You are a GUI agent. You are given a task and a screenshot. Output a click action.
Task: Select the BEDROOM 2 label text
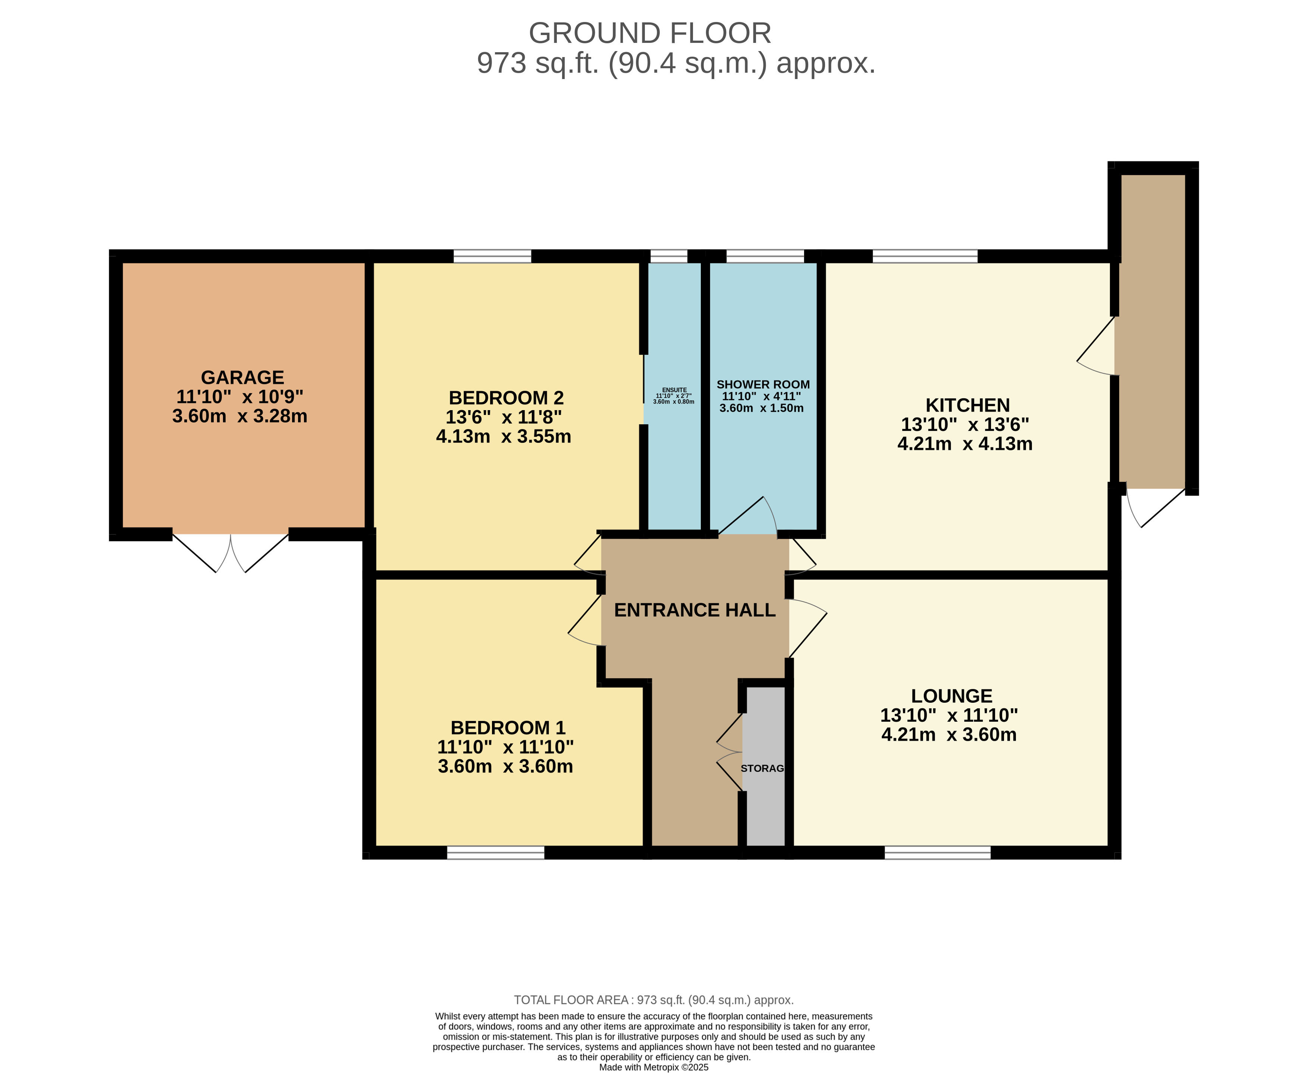(506, 397)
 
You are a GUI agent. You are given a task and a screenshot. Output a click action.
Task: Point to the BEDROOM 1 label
(508, 727)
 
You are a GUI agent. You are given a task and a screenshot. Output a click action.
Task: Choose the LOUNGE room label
(951, 696)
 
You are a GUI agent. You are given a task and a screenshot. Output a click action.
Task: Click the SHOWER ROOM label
(763, 384)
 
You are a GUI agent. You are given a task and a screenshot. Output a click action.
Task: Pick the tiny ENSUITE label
(674, 390)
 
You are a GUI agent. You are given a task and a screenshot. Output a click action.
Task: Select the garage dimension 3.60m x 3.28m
(240, 416)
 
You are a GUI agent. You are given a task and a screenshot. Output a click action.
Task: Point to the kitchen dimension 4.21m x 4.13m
(965, 444)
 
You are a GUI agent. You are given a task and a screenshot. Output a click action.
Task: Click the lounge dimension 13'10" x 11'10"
(949, 715)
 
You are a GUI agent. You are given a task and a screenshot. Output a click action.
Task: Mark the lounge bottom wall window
(937, 852)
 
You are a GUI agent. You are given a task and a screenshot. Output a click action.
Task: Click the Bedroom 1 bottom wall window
(496, 852)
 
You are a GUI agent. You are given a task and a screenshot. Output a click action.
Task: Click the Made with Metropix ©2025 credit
(653, 1067)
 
